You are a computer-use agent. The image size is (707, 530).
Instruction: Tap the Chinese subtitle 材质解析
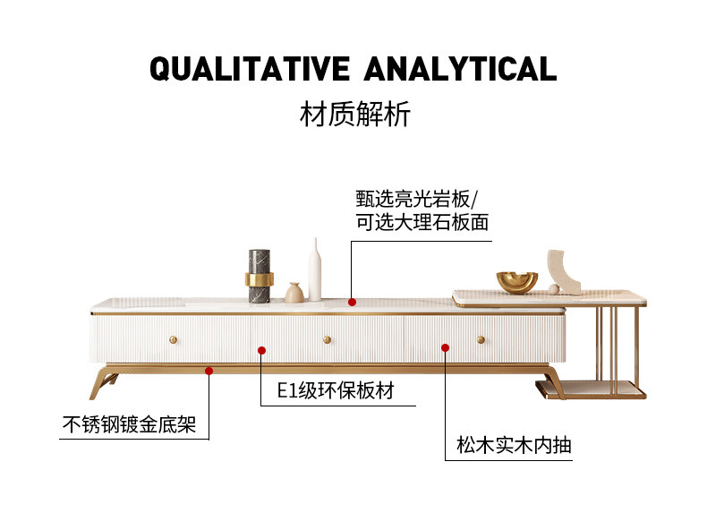coord(354,115)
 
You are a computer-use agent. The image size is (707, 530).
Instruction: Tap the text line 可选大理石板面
coord(422,222)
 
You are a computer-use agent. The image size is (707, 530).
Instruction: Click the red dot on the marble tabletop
coord(353,303)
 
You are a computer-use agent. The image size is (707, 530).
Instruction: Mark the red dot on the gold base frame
coord(209,368)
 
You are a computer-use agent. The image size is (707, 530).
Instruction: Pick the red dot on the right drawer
coord(445,346)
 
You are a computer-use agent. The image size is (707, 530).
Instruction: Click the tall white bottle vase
coord(314,269)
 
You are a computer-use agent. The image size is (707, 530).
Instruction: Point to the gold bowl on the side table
coord(517,282)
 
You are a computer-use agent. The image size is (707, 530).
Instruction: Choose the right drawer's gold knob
coord(481,339)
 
